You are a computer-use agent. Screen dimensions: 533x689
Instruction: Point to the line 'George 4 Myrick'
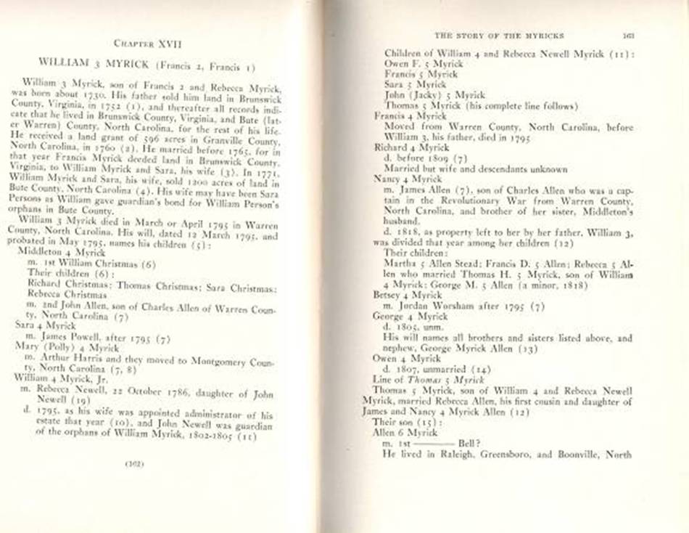pos(408,317)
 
